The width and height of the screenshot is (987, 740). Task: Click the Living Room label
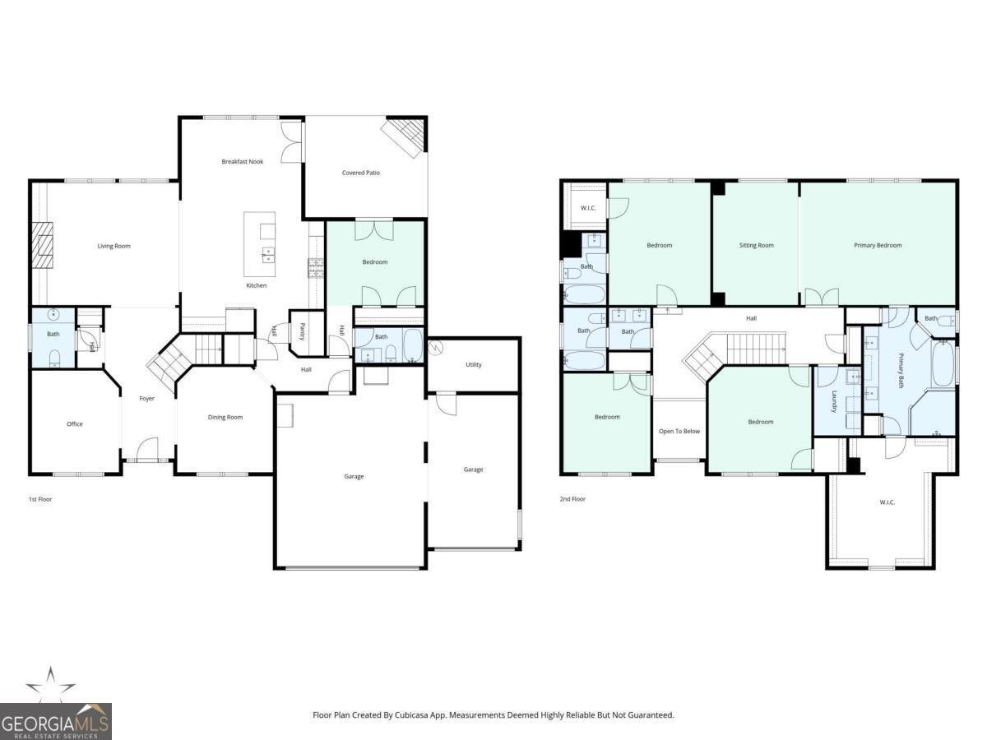point(114,246)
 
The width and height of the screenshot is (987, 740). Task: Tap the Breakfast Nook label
point(242,162)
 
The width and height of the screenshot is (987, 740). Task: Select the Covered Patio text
point(360,173)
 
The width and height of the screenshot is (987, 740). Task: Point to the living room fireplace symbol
point(41,245)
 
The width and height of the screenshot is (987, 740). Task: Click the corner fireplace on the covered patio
point(407,134)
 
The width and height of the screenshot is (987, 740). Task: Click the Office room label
point(75,424)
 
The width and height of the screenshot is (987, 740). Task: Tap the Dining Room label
point(225,418)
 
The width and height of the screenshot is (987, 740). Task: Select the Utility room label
point(473,364)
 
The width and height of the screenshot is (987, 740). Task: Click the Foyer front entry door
point(147,450)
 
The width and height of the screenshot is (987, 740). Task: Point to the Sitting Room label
point(756,245)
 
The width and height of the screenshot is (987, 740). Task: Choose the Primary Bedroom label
point(878,245)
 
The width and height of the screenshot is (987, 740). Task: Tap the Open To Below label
point(679,431)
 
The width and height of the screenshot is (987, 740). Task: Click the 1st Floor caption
point(39,499)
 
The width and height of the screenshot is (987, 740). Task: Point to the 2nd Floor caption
point(572,499)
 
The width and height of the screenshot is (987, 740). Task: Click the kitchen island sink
point(267,253)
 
